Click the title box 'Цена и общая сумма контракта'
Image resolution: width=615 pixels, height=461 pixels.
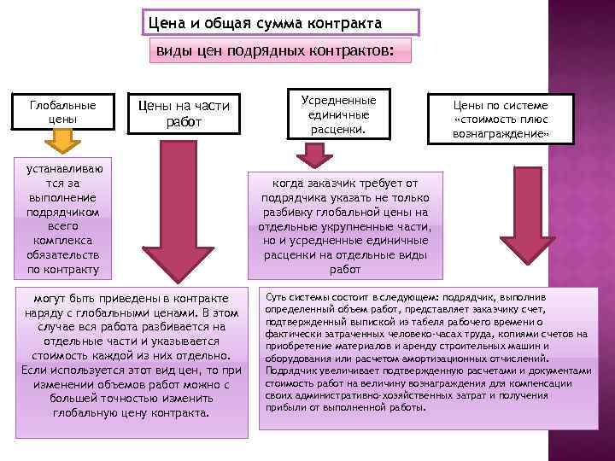pyautogui.click(x=279, y=22)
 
